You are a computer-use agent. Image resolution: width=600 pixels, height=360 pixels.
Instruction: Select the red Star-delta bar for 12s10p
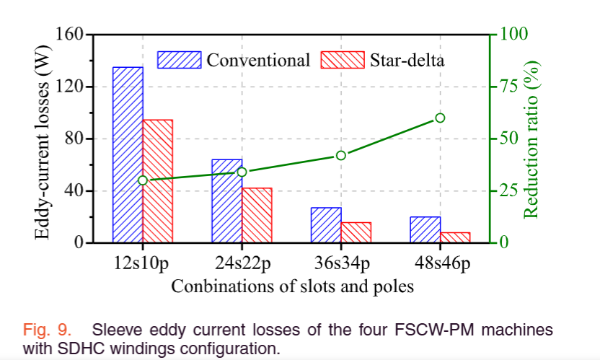(157, 180)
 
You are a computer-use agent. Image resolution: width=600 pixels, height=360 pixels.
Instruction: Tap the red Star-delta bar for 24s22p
(257, 215)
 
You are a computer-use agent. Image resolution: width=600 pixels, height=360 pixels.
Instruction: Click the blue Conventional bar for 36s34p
(326, 224)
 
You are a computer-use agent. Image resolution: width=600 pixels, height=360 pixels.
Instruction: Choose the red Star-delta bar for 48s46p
(455, 237)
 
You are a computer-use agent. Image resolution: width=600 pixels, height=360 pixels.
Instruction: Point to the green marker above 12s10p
(143, 180)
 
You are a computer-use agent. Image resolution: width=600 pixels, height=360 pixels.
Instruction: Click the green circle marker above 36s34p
(341, 155)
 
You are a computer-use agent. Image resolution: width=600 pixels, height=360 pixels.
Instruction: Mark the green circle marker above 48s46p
(440, 118)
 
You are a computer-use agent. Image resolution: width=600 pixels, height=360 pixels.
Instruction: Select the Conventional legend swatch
(180, 59)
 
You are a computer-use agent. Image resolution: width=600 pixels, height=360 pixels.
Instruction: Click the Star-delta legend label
(407, 59)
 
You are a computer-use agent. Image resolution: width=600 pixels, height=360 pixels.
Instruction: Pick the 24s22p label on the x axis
(242, 262)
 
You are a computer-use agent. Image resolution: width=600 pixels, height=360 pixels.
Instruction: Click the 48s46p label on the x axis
(440, 262)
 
